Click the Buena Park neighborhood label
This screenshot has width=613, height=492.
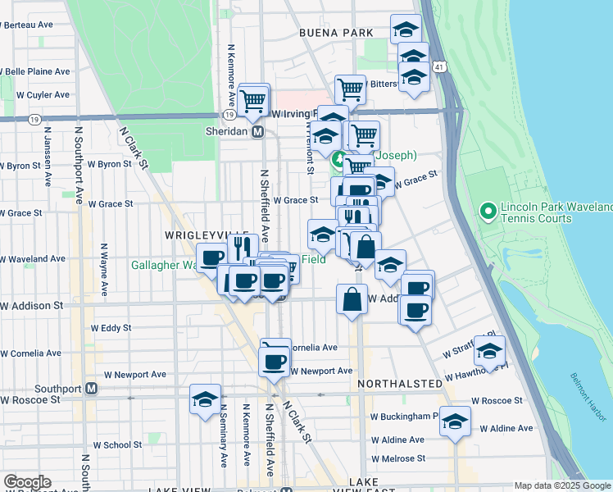coord(336,33)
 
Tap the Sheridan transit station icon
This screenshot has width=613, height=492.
coord(257,131)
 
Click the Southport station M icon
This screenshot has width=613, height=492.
coord(92,388)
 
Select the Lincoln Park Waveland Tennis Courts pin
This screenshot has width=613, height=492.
coord(488,212)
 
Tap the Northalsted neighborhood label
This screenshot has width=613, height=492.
coord(400,383)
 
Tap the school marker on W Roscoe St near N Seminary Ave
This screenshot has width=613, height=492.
coord(204,399)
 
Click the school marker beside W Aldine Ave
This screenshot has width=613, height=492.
coord(455,421)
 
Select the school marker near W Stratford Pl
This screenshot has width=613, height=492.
coord(489,352)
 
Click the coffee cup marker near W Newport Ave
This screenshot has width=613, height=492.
coord(275,360)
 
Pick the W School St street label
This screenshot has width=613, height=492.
coord(117,445)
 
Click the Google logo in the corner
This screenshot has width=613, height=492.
coord(27,482)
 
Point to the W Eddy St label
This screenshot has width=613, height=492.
coord(111,328)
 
